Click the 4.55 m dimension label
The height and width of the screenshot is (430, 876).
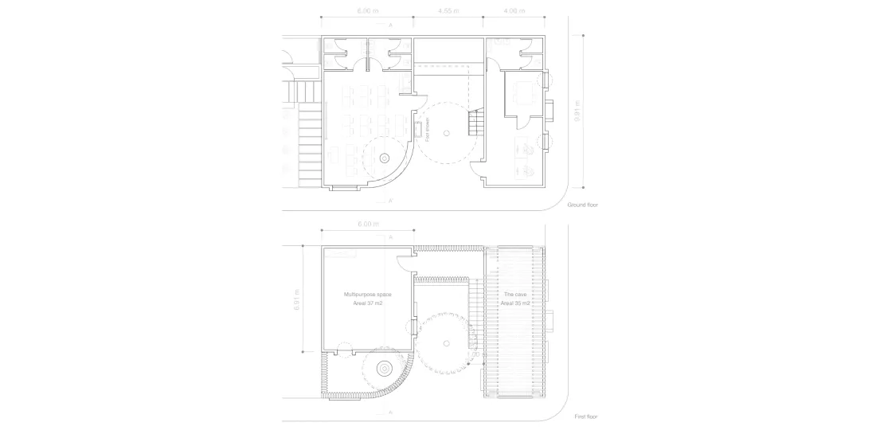coord(448,11)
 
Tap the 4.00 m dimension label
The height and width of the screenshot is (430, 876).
coord(515,11)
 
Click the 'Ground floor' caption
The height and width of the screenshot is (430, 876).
coord(582,205)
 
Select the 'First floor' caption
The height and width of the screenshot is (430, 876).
coord(586,416)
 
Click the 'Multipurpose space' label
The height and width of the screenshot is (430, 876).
coord(368,295)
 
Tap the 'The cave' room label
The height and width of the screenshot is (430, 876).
coord(515,295)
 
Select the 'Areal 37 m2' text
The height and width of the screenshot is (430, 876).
coord(368,303)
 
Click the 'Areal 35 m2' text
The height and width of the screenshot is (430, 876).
coord(515,303)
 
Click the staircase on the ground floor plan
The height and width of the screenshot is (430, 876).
coord(475,123)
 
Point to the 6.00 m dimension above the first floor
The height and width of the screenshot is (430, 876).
coord(368,224)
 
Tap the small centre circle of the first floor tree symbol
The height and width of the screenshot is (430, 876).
coord(448,343)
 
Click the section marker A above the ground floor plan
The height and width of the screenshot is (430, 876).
coord(390,25)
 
